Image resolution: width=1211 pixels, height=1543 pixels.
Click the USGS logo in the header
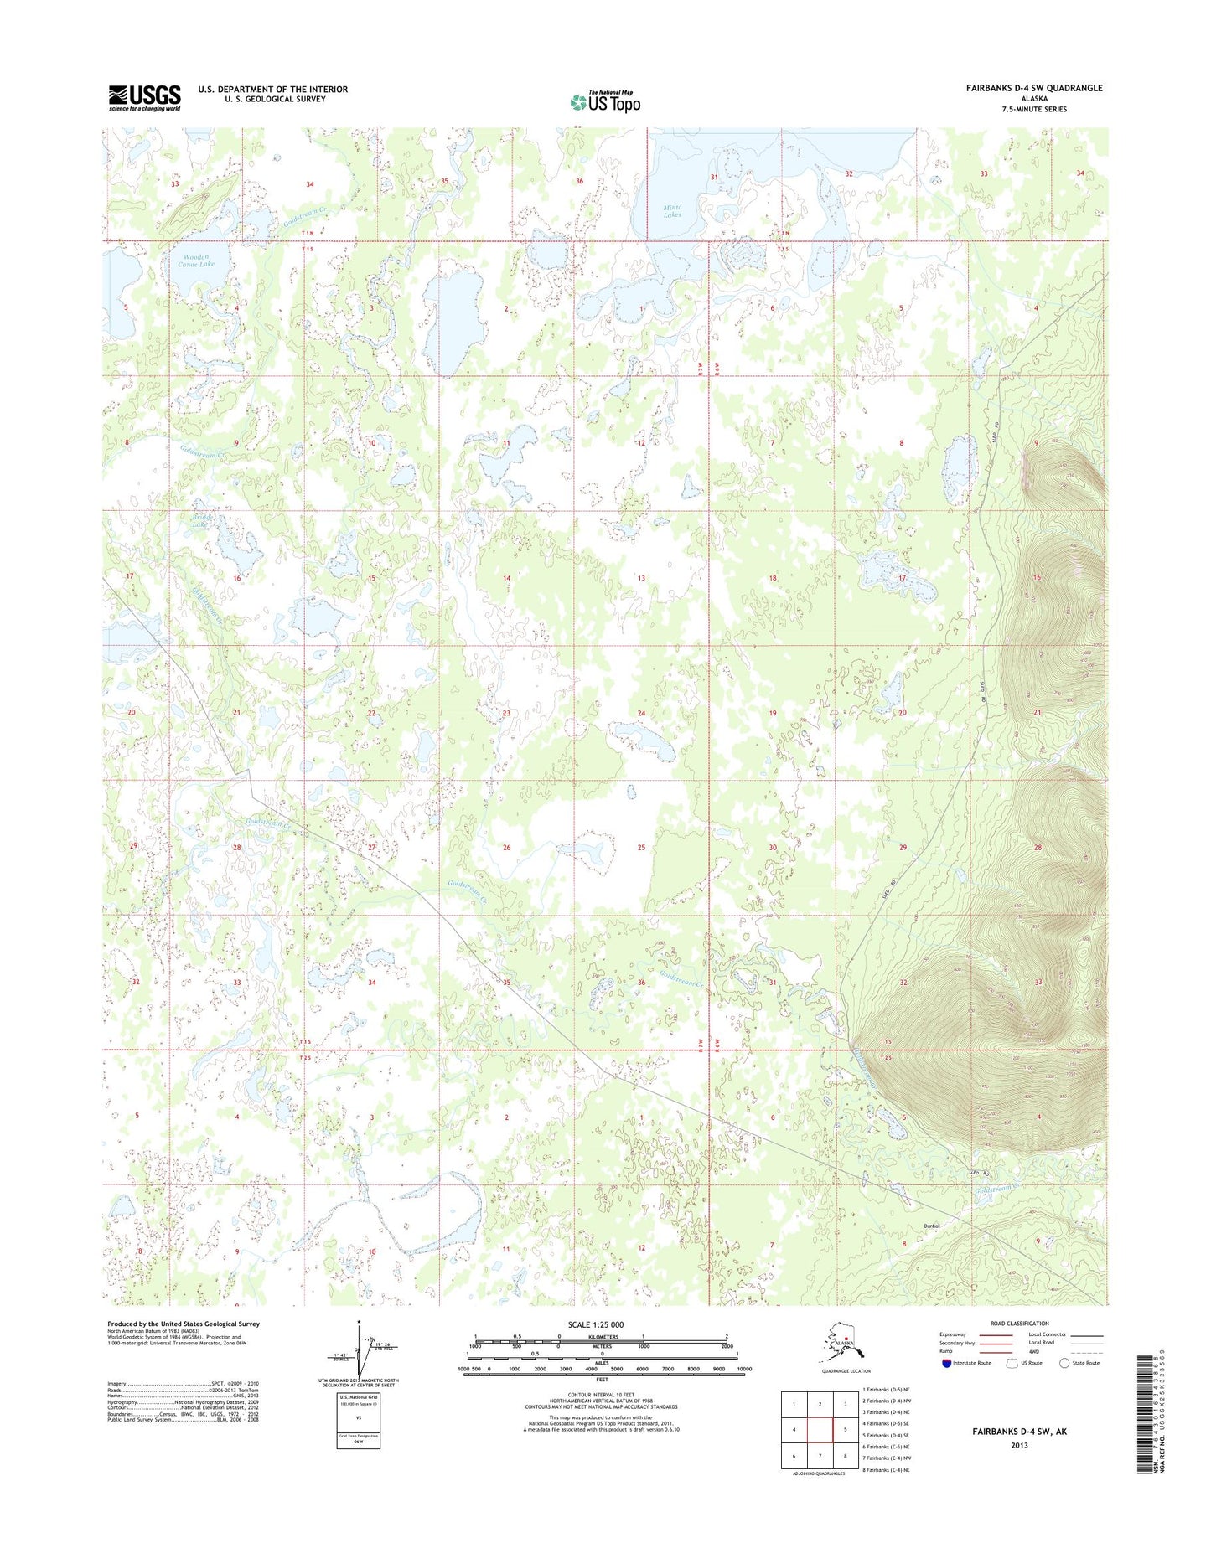(x=144, y=97)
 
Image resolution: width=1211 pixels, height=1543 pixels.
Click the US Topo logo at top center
(x=605, y=101)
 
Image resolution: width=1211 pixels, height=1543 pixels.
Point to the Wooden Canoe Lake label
(x=195, y=260)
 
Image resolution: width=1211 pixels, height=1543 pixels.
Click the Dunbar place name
(x=933, y=1226)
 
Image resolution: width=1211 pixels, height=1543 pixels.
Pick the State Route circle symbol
(x=1064, y=1363)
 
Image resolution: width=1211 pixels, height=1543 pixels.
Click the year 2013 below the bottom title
(x=1020, y=1445)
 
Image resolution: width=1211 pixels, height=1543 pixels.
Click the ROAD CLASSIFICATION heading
(x=1020, y=1324)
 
